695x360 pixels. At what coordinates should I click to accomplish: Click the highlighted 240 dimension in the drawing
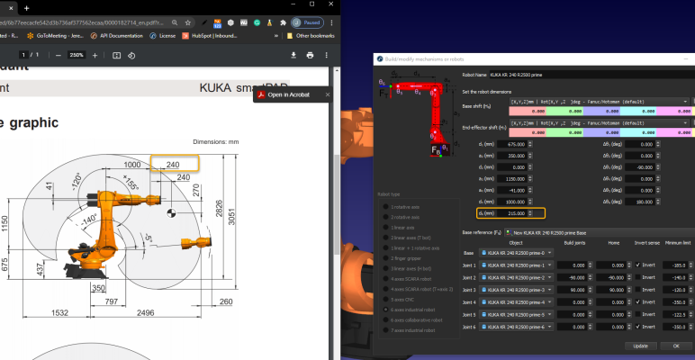point(174,164)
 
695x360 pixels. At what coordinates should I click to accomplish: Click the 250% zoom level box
point(77,55)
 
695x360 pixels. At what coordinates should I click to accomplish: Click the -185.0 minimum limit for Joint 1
point(678,265)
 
